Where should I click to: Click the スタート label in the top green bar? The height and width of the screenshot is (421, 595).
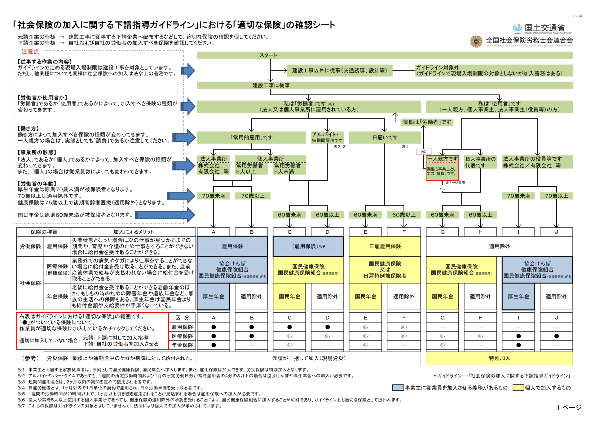pos(268,55)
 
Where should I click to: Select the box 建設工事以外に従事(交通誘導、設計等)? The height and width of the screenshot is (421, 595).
pos(339,71)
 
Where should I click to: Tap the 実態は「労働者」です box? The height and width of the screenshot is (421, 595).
pos(427,122)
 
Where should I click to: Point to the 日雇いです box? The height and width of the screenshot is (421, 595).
pos(385,137)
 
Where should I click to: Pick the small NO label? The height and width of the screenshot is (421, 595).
pos(424,152)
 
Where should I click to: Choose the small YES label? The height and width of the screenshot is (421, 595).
pos(442,188)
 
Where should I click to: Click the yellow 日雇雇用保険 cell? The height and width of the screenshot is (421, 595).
pos(385,246)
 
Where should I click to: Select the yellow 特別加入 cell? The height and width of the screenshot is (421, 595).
pos(499,358)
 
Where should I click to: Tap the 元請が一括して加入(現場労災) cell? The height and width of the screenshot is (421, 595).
pos(309,358)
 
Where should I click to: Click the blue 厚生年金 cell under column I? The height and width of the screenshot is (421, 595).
pos(518,297)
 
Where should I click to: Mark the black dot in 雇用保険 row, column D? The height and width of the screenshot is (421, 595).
pos(328,327)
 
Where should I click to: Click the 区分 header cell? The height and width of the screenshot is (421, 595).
pos(183,318)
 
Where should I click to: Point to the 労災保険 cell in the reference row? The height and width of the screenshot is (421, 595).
pos(57,358)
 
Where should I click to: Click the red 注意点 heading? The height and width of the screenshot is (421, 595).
pos(30,52)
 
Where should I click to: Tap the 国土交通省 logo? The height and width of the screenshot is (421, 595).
pos(542,28)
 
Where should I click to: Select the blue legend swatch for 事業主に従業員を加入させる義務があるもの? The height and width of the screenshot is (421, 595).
pos(398,388)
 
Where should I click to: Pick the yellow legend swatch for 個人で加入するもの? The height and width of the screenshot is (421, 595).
pos(518,388)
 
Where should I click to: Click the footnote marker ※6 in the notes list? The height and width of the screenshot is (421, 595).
pos(21,400)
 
